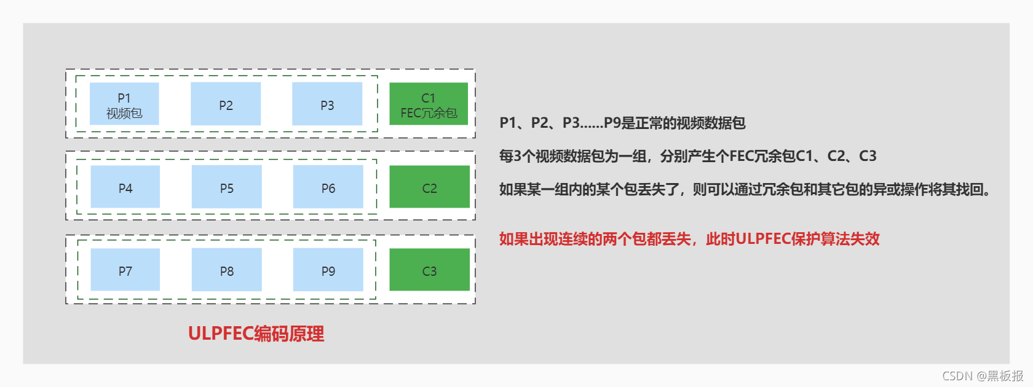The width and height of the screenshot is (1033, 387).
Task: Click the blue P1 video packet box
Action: pyautogui.click(x=124, y=104)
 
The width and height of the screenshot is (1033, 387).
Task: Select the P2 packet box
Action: pyautogui.click(x=226, y=104)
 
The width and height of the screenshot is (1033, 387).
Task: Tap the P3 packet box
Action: pyautogui.click(x=327, y=104)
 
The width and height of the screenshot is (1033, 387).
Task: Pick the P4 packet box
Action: pyautogui.click(x=125, y=187)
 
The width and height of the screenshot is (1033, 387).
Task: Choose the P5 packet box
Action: pyautogui.click(x=226, y=187)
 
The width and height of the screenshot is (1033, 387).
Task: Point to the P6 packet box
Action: pyautogui.click(x=328, y=187)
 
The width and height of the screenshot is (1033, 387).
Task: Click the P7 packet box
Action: pyautogui.click(x=125, y=270)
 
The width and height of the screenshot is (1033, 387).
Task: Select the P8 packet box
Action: pyautogui.click(x=226, y=270)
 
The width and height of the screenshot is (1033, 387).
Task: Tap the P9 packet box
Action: pyautogui.click(x=328, y=270)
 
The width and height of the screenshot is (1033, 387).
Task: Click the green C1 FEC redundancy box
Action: pyautogui.click(x=429, y=104)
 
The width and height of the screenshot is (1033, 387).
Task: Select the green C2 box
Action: pyautogui.click(x=429, y=187)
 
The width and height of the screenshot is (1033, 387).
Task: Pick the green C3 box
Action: pyautogui.click(x=429, y=270)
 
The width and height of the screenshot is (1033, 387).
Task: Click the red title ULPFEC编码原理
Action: pyautogui.click(x=256, y=334)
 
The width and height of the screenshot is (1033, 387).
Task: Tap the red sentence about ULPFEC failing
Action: pyautogui.click(x=689, y=239)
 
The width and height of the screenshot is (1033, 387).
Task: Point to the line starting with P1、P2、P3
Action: pyautogui.click(x=622, y=123)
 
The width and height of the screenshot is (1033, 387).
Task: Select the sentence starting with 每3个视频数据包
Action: pyautogui.click(x=687, y=156)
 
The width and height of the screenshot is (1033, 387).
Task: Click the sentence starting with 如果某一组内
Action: pyautogui.click(x=746, y=189)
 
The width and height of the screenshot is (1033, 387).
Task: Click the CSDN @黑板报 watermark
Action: pyautogui.click(x=983, y=376)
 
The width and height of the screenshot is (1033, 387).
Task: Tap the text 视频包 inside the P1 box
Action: pyautogui.click(x=124, y=113)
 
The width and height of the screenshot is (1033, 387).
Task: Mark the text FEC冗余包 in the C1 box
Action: pyautogui.click(x=429, y=113)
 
